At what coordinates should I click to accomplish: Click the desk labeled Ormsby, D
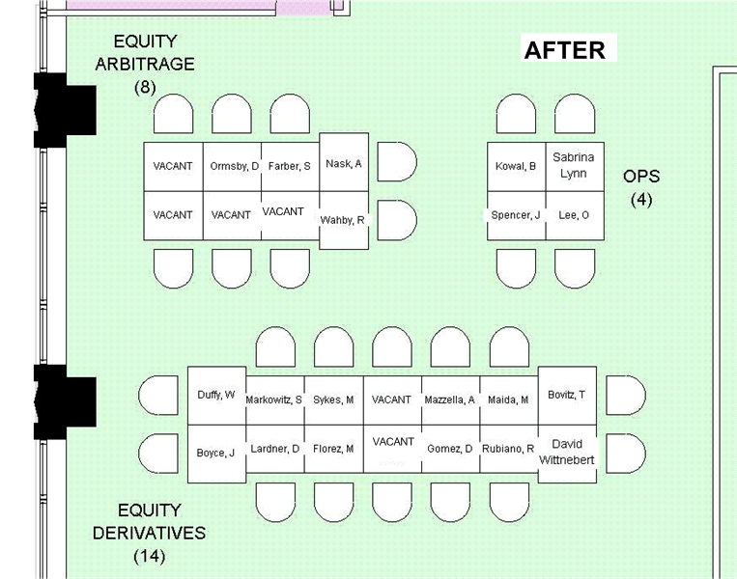point(233,166)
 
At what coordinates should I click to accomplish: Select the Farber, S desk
point(290,166)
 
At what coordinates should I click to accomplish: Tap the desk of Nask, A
point(344,163)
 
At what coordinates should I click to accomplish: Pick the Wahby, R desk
point(344,220)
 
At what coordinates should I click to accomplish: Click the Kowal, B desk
point(515,166)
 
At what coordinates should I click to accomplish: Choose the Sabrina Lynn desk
point(574,166)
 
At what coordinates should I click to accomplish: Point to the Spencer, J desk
point(515,215)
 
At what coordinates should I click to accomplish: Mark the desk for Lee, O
point(574,215)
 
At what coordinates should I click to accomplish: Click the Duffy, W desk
point(216,395)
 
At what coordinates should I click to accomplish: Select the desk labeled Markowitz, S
point(274,400)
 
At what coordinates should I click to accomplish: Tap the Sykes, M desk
point(333,400)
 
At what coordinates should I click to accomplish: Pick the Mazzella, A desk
point(450,400)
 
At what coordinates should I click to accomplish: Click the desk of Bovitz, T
point(567,395)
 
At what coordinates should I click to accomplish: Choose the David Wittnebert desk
point(567,452)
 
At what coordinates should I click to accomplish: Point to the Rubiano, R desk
point(509,449)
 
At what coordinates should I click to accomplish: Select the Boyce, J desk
point(216,453)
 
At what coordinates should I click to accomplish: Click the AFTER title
point(564,50)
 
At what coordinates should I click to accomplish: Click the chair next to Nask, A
point(395,161)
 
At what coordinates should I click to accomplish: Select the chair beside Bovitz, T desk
point(624,395)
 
